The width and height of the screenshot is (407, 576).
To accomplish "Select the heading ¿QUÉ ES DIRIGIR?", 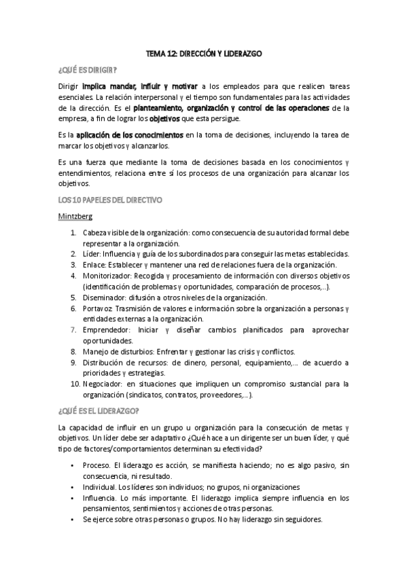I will pyautogui.click(x=88, y=70).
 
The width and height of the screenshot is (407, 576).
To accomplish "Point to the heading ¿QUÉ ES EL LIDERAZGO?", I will pyautogui.click(x=99, y=410).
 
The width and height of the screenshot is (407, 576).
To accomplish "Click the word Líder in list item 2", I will pyautogui.click(x=92, y=253).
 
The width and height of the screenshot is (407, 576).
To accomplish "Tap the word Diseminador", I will pyautogui.click(x=105, y=297).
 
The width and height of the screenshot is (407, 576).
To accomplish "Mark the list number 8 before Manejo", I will pyautogui.click(x=74, y=351).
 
